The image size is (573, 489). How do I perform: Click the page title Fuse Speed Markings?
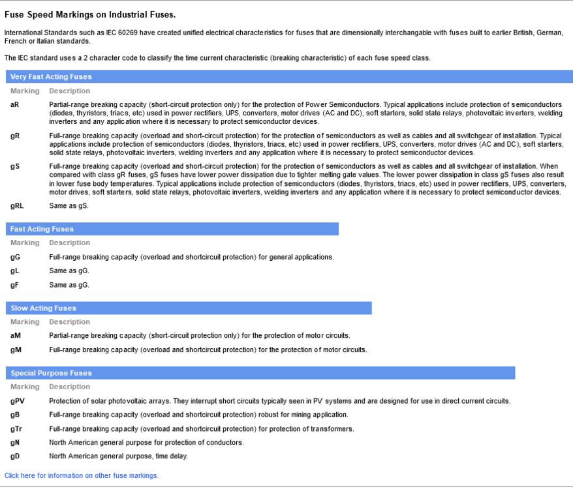pyautogui.click(x=90, y=14)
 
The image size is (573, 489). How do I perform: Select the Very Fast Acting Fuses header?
pyautogui.click(x=51, y=77)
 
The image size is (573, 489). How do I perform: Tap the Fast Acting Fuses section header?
pyautogui.click(x=42, y=230)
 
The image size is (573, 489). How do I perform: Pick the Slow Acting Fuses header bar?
pyautogui.click(x=43, y=308)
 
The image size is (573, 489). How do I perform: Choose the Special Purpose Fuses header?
pyautogui.click(x=51, y=374)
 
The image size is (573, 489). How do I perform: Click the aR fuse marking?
pyautogui.click(x=14, y=104)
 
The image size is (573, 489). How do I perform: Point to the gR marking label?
pyautogui.click(x=14, y=136)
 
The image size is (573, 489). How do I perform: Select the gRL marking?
pyautogui.click(x=17, y=206)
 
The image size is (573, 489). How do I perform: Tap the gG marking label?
pyautogui.click(x=15, y=257)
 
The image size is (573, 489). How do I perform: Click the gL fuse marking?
pyautogui.click(x=14, y=271)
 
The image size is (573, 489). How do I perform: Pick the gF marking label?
pyautogui.click(x=14, y=285)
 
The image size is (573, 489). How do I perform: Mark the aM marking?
pyautogui.click(x=16, y=336)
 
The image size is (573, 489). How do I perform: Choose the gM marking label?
pyautogui.click(x=16, y=350)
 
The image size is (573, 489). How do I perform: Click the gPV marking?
pyautogui.click(x=18, y=401)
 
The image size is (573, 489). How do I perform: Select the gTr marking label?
pyautogui.click(x=16, y=429)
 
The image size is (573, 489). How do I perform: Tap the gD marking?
pyautogui.click(x=15, y=456)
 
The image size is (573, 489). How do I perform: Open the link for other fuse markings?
pyautogui.click(x=82, y=476)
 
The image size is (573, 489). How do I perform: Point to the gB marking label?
pyautogui.click(x=15, y=415)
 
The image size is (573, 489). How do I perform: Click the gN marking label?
pyautogui.click(x=15, y=443)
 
